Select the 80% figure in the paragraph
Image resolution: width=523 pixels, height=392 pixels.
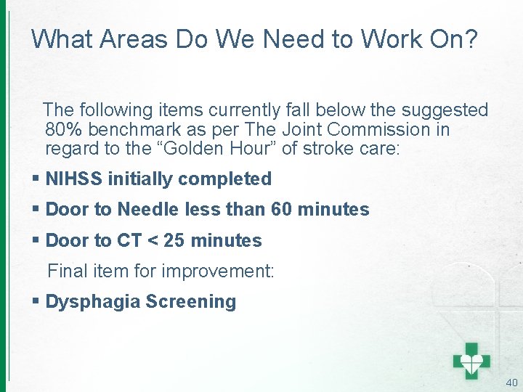(62, 130)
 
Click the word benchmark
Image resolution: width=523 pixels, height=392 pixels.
(131, 130)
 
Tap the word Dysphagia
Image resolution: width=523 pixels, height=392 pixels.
(92, 301)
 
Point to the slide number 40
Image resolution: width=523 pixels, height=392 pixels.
(511, 383)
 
